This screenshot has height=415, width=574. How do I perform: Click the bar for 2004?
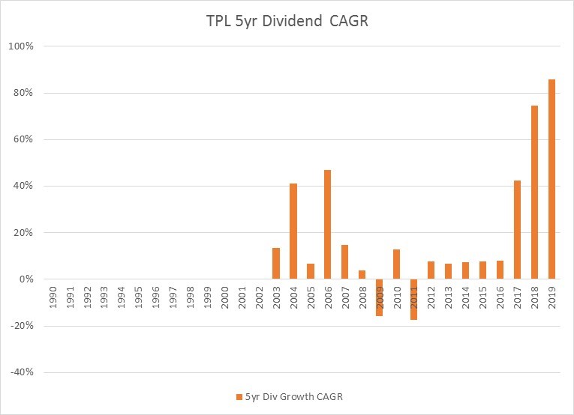coord(293,231)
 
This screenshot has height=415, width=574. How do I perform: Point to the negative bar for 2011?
coord(414,299)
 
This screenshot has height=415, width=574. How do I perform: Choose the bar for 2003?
coord(276,264)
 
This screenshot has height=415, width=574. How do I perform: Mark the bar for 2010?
coord(397,264)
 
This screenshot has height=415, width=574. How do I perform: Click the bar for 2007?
coord(345,262)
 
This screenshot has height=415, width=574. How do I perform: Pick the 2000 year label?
coord(225,294)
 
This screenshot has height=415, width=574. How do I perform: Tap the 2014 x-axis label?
coord(466,294)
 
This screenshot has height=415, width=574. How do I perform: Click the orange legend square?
coord(239,396)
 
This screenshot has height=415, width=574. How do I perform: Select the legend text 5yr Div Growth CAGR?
coord(289,396)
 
